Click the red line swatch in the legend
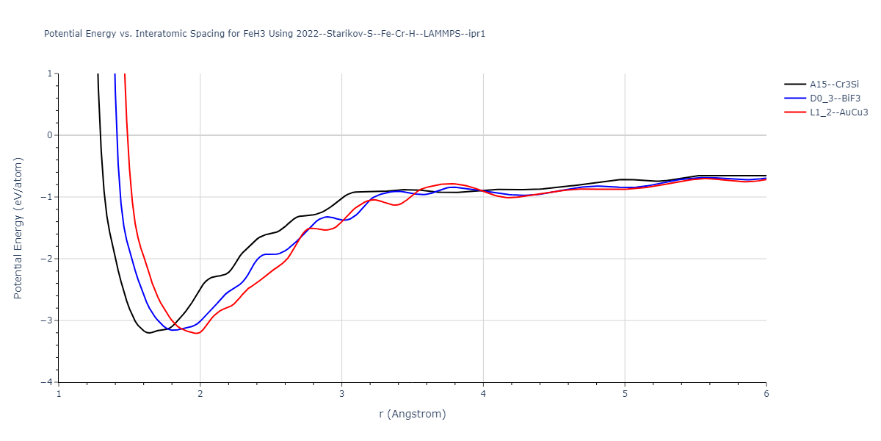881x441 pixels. coord(795,112)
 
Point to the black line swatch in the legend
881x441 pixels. coord(795,84)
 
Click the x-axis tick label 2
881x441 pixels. coord(200,395)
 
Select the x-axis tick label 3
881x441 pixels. coord(342,395)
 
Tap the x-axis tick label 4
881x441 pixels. coord(483,395)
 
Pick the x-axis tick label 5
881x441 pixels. coord(625,395)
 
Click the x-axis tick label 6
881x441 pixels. coord(766,395)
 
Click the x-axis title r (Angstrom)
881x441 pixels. coord(412,414)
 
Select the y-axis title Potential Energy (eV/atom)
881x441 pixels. coord(18,228)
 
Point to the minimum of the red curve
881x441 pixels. coord(197,333)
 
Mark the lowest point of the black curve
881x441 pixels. coord(149,333)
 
